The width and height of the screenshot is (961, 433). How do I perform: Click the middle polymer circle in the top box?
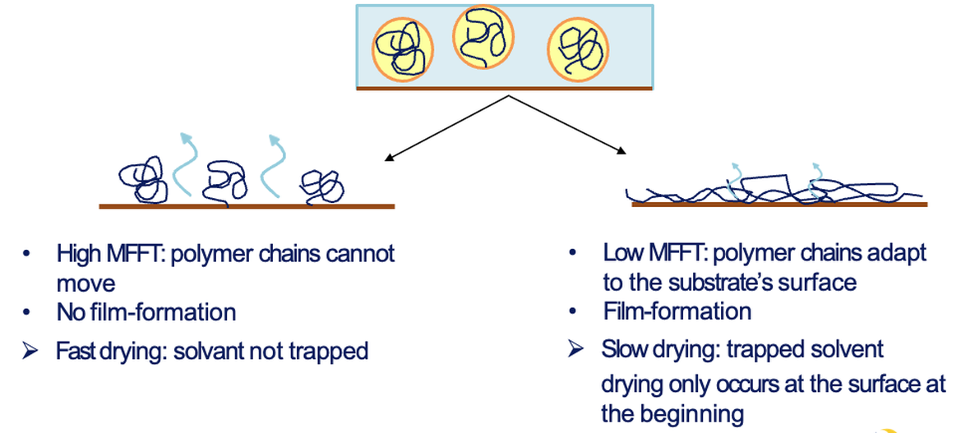483,37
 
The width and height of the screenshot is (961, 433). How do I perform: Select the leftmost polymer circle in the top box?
403,48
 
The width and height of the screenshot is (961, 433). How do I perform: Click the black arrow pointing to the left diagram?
444,127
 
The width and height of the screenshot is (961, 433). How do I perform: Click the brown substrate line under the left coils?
247,206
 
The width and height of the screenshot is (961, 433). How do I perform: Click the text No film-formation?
146,312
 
